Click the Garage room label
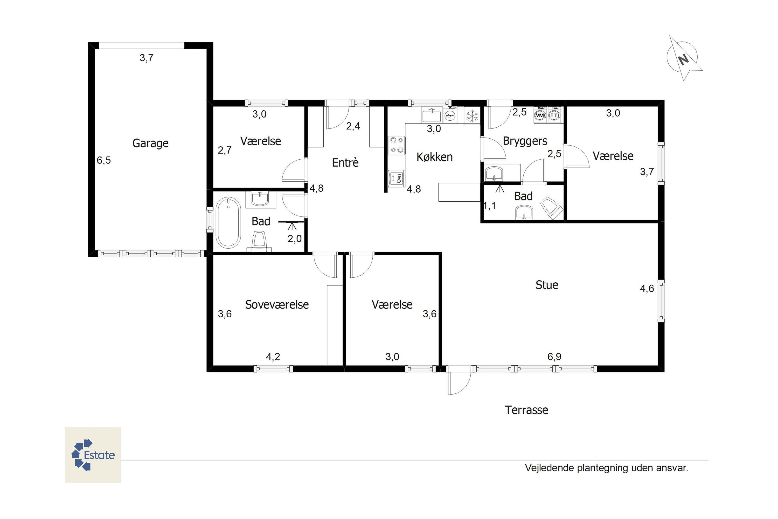150,143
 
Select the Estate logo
93,455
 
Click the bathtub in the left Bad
228,223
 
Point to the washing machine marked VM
540,115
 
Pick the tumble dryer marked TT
554,115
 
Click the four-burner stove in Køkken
397,145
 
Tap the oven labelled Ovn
397,179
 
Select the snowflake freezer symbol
472,116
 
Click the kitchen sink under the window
432,115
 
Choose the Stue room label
547,285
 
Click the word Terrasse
526,410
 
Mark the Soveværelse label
277,304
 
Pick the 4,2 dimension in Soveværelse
273,357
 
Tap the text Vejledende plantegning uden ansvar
606,468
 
